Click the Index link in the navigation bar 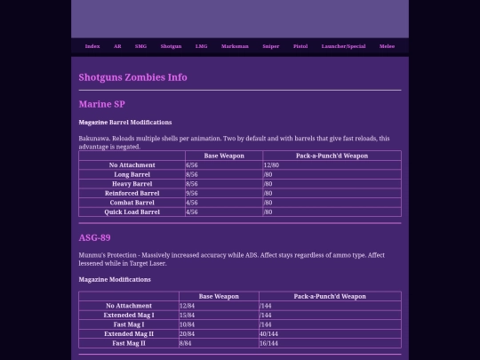[x=92, y=46]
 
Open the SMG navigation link [x=141, y=46]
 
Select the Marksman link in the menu [x=235, y=46]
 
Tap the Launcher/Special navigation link [x=343, y=46]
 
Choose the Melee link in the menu [x=387, y=46]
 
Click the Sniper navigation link [x=271, y=46]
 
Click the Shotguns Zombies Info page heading [x=132, y=77]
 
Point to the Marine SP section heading [x=101, y=104]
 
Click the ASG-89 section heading [x=94, y=237]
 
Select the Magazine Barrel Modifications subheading [x=124, y=123]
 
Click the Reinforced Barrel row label [x=132, y=193]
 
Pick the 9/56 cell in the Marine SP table [x=192, y=193]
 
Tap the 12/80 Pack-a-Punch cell [x=271, y=165]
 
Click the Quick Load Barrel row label [x=132, y=212]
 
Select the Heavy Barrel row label [x=132, y=184]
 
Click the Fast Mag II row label [x=129, y=343]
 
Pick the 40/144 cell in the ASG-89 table [x=269, y=333]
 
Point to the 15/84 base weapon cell [x=188, y=315]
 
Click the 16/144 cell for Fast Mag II [x=269, y=343]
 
